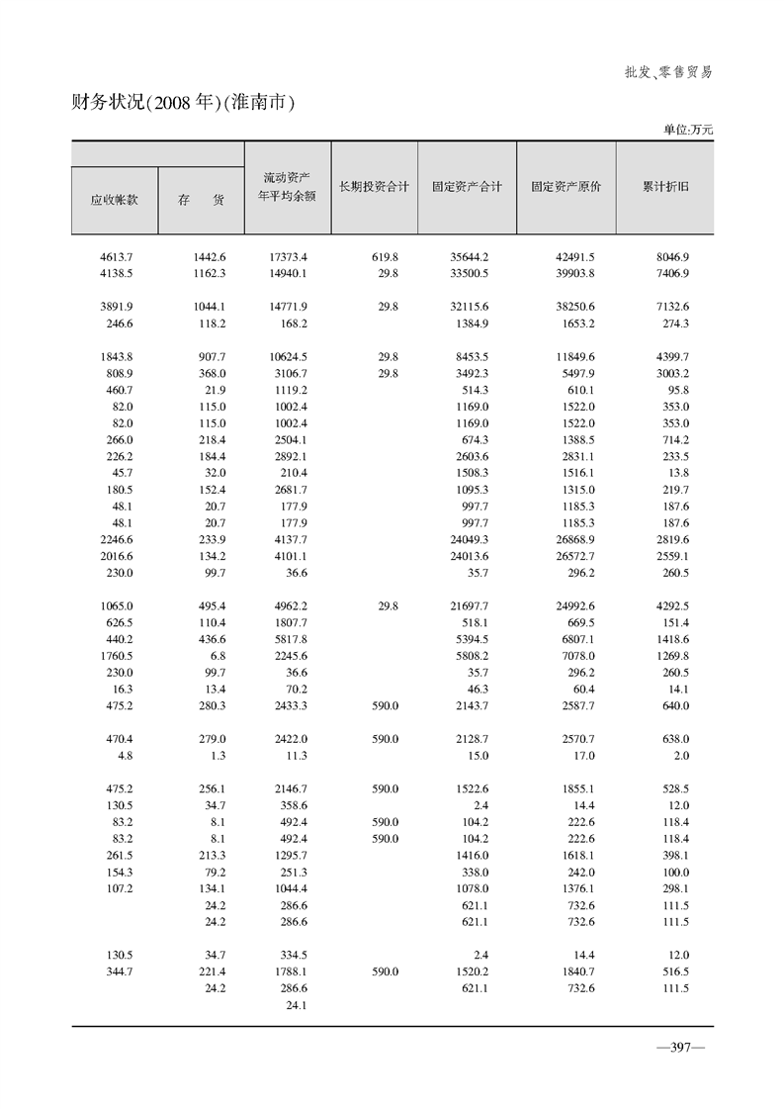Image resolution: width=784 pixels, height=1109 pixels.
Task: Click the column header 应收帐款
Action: (x=114, y=199)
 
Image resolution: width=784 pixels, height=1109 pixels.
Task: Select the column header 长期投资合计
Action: (x=374, y=186)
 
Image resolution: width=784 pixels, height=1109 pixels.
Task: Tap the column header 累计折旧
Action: (x=664, y=186)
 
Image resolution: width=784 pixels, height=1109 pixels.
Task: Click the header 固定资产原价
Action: (x=566, y=186)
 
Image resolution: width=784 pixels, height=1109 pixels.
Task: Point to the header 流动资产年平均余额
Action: (x=287, y=186)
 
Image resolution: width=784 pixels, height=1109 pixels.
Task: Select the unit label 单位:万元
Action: (x=687, y=129)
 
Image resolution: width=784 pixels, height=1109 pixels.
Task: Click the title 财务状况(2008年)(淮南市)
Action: (x=185, y=102)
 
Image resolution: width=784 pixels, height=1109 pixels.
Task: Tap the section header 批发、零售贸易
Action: (x=668, y=72)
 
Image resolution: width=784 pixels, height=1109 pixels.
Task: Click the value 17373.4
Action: (x=288, y=256)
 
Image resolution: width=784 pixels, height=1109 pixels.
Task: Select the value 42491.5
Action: (x=575, y=256)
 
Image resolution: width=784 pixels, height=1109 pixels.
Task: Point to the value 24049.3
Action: (x=470, y=539)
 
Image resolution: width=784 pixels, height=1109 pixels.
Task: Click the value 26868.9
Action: (x=575, y=539)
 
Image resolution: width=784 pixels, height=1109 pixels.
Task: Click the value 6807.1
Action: (x=575, y=639)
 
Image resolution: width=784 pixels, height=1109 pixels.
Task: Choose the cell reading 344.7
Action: (x=119, y=971)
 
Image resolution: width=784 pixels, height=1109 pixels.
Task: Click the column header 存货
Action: (x=201, y=199)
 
